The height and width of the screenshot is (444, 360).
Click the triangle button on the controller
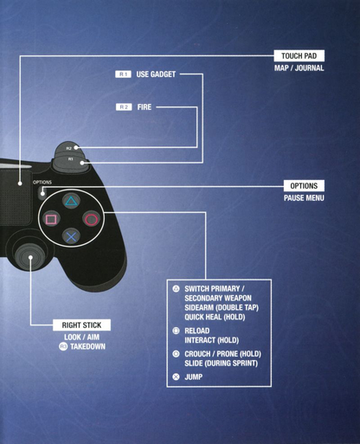[x=71, y=201]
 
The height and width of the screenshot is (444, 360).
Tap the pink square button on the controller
[x=51, y=219]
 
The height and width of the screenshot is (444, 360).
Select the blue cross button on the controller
[x=71, y=237]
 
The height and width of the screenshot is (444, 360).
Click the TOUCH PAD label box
[x=299, y=55]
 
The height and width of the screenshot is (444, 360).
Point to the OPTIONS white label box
[x=304, y=186]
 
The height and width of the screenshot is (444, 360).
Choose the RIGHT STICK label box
[x=81, y=325]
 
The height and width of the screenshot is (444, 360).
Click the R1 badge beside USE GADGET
[x=123, y=74]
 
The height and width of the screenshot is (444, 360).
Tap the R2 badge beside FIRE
[x=124, y=107]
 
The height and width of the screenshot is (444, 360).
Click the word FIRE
[x=145, y=107]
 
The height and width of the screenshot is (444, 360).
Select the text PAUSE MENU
[x=304, y=198]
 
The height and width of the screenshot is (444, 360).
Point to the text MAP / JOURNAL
[x=299, y=68]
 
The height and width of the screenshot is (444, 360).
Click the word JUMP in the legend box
[x=193, y=376]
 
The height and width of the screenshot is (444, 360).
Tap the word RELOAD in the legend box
[x=197, y=331]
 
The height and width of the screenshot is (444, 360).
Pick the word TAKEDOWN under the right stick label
[x=87, y=346]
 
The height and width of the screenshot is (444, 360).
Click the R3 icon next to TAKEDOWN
[x=63, y=346]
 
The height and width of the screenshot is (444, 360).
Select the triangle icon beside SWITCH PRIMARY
[x=176, y=288]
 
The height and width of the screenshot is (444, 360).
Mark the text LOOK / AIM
[x=81, y=337]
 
